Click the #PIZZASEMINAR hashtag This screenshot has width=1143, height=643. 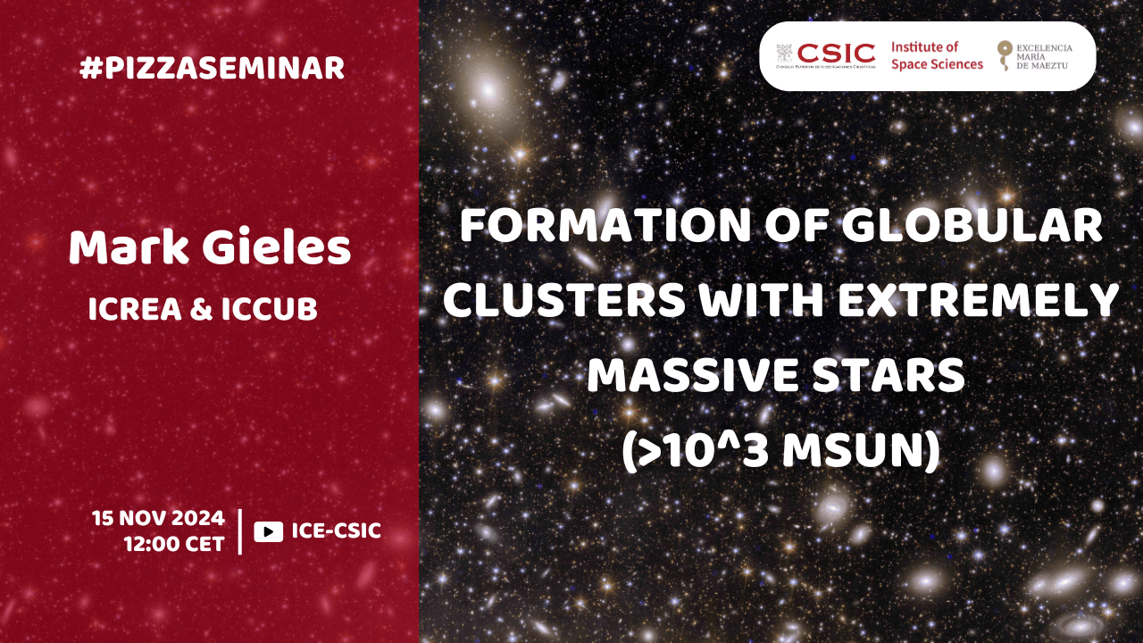coord(212,69)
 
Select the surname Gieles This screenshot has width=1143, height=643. coord(277,247)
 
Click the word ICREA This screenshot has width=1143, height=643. coord(135,309)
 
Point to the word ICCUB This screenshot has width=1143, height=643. coord(270,309)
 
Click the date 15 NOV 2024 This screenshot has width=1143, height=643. coord(158,519)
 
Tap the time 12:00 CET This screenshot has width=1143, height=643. coord(174,544)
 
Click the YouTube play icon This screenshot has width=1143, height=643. coord(269,531)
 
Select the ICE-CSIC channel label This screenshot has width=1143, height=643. coord(337,530)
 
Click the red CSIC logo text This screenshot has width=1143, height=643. coord(836,53)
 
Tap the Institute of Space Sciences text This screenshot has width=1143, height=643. coord(937,55)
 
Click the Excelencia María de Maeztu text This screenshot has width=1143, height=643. coord(1044,56)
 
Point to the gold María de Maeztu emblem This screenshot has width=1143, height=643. coord(1005,55)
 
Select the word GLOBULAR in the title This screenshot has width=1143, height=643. coord(972,226)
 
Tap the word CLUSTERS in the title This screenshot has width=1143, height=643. coord(564,301)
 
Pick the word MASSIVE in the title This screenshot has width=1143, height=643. coord(692,376)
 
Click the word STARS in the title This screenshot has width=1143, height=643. coord(889,376)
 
